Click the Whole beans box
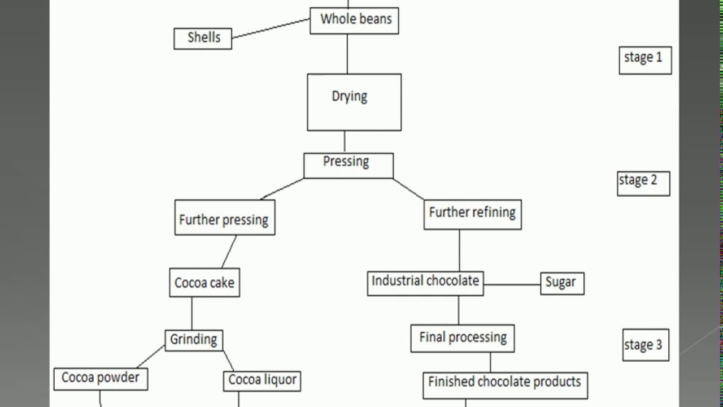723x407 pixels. click(354, 20)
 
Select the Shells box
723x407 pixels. click(203, 38)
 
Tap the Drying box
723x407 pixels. click(354, 102)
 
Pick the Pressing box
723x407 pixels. click(348, 165)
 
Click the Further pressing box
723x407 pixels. click(225, 218)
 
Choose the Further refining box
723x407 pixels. click(472, 214)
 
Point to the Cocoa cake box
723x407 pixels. click(204, 283)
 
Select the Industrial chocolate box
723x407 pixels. click(425, 283)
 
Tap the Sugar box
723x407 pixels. click(562, 283)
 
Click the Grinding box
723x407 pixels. click(194, 340)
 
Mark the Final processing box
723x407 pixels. click(463, 338)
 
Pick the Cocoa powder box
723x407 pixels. click(101, 379)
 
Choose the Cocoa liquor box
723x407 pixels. click(262, 380)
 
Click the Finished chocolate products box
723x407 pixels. click(505, 385)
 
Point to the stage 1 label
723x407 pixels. click(645, 60)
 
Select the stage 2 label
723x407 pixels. click(643, 183)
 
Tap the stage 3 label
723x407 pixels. click(646, 345)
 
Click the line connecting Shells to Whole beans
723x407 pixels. click(271, 28)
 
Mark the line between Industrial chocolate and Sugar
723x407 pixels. click(512, 284)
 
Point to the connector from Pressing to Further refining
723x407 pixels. click(408, 189)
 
